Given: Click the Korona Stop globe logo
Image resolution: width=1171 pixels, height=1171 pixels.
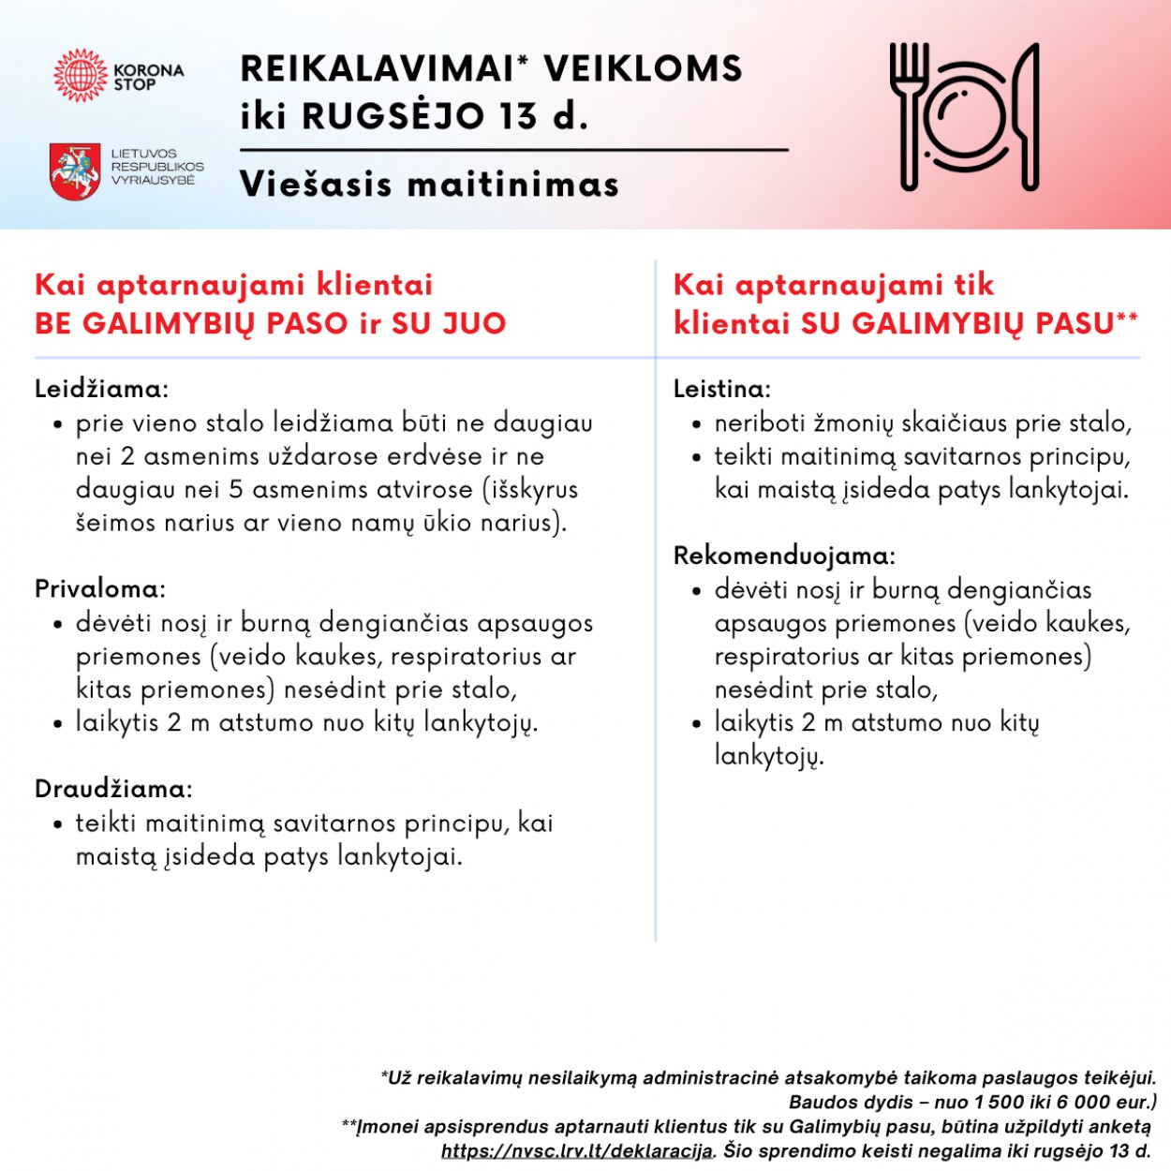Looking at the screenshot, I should tap(82, 76).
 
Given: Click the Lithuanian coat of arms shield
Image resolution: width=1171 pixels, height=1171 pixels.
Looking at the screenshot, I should tap(75, 170).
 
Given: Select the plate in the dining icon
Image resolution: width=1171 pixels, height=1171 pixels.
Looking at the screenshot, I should tap(965, 117).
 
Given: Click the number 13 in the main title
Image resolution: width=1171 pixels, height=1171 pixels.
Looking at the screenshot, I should tap(518, 116).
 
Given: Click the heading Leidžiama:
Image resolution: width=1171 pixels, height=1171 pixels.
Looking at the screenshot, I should tap(101, 389).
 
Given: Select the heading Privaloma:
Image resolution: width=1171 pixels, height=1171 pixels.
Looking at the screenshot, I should tap(100, 589).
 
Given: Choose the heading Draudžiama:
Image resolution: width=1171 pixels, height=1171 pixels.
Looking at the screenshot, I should tap(113, 789).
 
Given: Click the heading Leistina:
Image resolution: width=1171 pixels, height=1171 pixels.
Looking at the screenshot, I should tap(722, 389).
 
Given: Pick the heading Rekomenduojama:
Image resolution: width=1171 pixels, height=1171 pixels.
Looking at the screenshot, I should tap(784, 556).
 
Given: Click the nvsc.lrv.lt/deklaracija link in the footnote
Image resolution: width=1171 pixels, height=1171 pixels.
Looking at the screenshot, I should tap(577, 1151).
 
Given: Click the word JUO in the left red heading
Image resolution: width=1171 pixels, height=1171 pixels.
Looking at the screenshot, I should tap(474, 324).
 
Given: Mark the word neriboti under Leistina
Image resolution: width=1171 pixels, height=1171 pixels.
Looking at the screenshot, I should tap(759, 423).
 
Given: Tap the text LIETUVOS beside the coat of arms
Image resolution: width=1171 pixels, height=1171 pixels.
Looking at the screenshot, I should tap(143, 154).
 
